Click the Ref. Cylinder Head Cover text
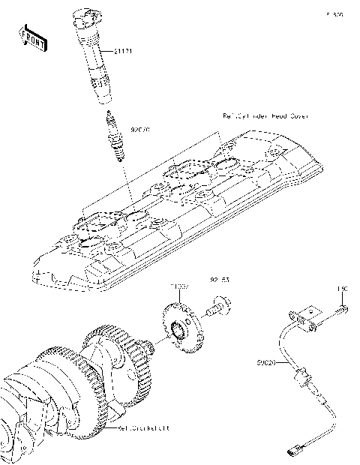[265, 117]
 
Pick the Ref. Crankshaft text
[144, 428]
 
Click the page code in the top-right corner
[334, 13]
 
